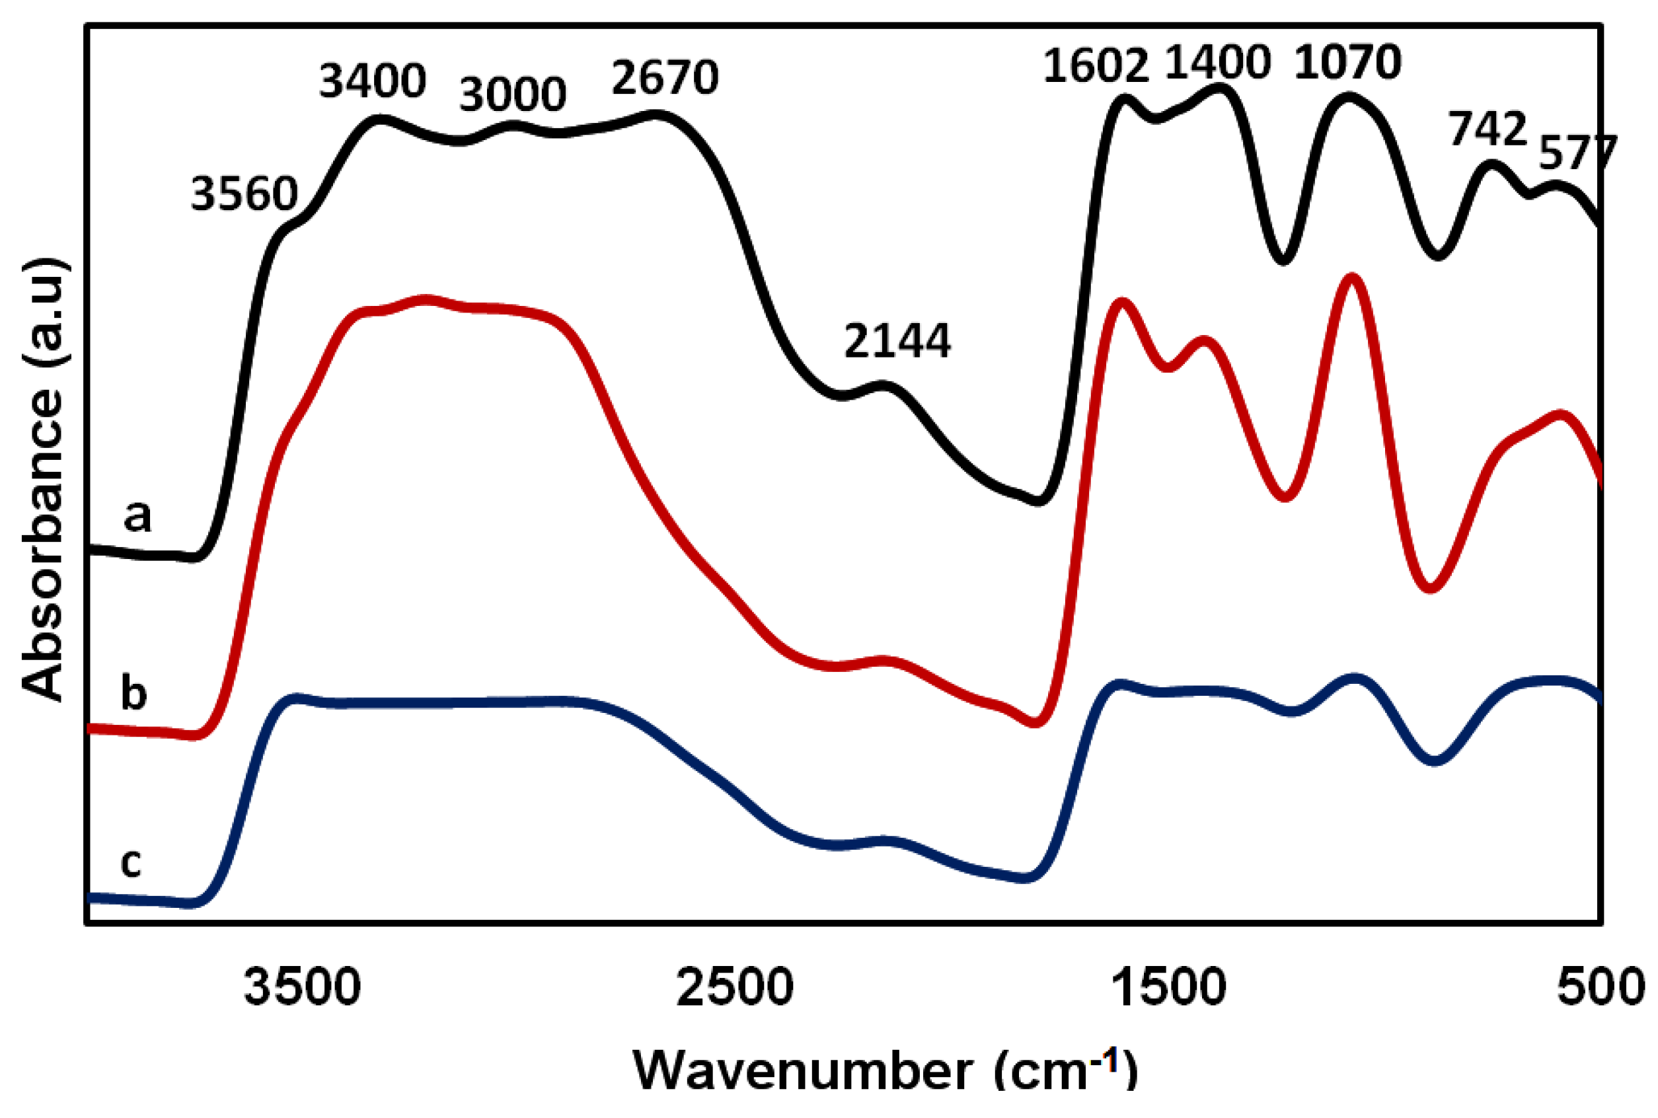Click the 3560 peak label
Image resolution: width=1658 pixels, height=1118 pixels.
tap(244, 194)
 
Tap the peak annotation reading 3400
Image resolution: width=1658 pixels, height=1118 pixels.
tap(372, 81)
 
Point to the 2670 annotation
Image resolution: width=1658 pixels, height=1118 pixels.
tap(665, 78)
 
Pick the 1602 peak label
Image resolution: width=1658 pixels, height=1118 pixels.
tap(1096, 66)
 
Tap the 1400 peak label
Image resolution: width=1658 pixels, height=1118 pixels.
tap(1217, 63)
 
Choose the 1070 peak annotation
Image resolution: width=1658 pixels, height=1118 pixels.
tap(1347, 63)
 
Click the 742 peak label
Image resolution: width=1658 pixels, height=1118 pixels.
tap(1487, 130)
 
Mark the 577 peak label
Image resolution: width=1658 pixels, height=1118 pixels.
tap(1577, 152)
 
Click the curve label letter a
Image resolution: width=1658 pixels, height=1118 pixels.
tap(137, 516)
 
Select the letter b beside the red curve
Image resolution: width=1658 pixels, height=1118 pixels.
tap(134, 692)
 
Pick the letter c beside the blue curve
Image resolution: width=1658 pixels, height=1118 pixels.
tap(130, 862)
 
